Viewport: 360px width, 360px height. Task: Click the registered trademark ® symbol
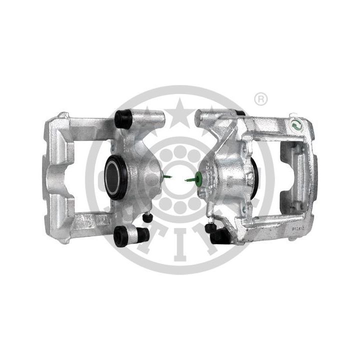tap(260, 99)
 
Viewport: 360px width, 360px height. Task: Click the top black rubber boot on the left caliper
tap(123, 118)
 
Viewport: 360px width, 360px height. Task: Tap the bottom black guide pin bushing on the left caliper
tap(122, 235)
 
